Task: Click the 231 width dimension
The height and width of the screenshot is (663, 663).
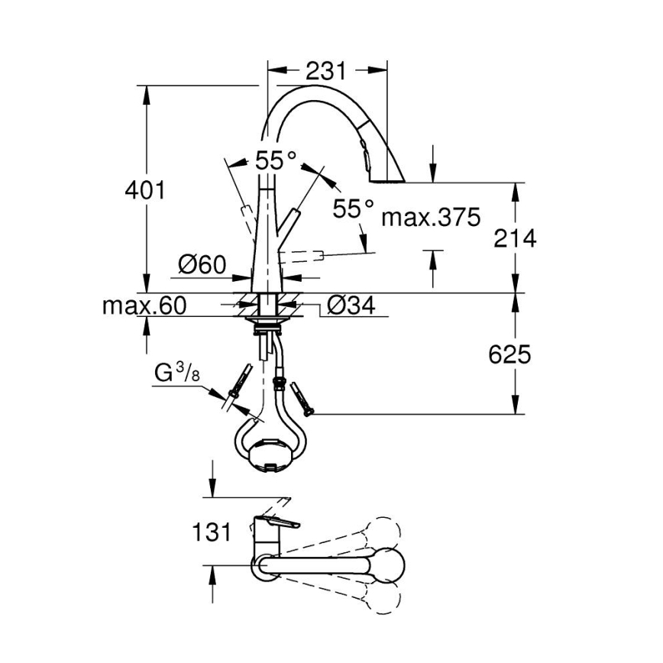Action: (326, 71)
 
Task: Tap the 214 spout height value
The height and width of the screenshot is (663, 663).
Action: (515, 238)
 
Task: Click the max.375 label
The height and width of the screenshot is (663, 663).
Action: (431, 218)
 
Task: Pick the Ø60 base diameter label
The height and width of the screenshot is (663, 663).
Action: (202, 264)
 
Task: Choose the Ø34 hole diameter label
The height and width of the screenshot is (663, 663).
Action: (351, 306)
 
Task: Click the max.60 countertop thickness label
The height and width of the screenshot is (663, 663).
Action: (144, 306)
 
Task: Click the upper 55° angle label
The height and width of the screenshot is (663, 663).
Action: (276, 160)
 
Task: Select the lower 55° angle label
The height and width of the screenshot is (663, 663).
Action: (354, 208)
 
